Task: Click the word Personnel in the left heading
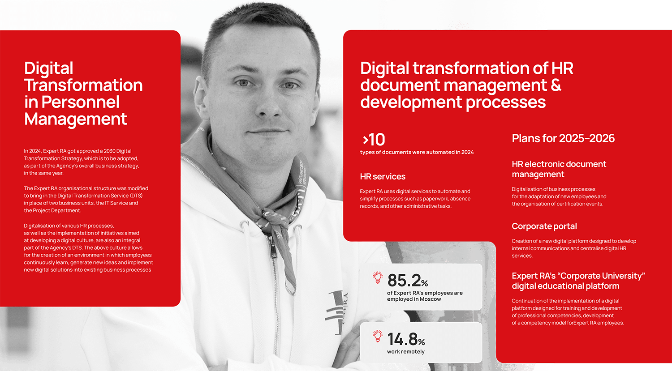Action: point(81,102)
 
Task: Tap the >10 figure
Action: point(374,140)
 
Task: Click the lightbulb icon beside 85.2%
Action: point(378,278)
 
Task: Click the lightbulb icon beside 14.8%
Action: point(378,337)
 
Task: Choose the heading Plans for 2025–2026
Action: point(563,138)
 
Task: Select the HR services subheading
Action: point(383,177)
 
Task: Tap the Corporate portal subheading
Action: point(544,226)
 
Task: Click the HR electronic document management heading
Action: point(559,169)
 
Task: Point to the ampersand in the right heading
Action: point(556,85)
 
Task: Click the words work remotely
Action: point(406,352)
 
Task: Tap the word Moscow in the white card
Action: point(430,299)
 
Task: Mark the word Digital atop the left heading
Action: point(49,68)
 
